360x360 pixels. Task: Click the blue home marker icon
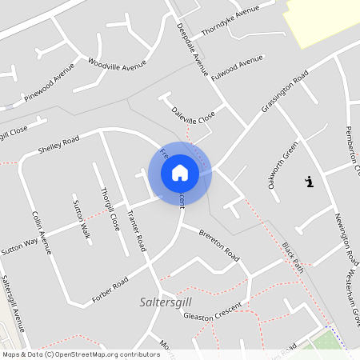click(180, 172)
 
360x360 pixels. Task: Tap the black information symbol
click(310, 182)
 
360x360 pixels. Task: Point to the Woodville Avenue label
click(118, 64)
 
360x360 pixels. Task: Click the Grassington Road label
click(284, 92)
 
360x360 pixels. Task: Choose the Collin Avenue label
click(42, 232)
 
